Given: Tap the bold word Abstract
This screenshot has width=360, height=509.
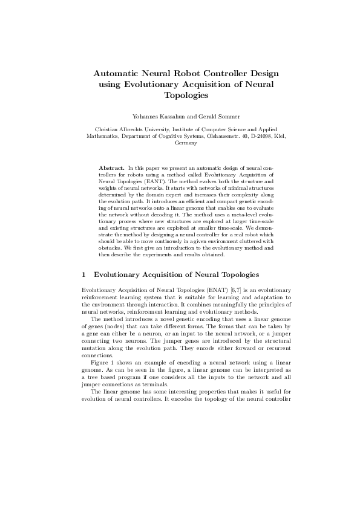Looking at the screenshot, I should coord(111,166).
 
